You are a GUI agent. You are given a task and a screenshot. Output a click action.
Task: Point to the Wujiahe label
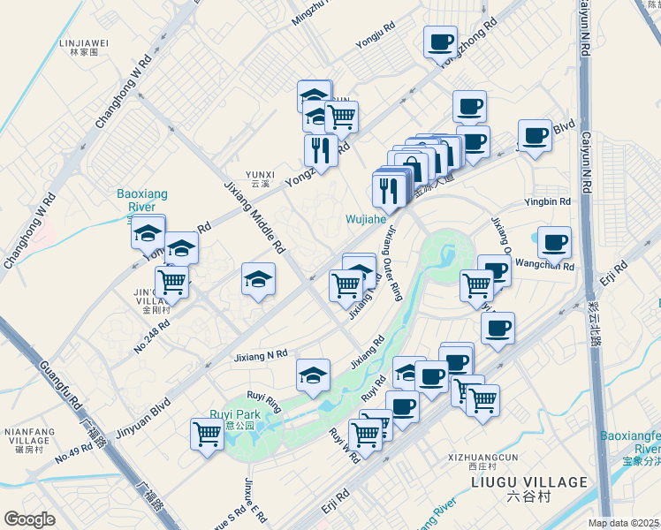pyautogui.click(x=366, y=218)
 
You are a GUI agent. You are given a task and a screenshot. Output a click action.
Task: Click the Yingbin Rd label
pyautogui.click(x=548, y=201)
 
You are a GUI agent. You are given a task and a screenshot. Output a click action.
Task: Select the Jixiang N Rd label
pyautogui.click(x=261, y=355)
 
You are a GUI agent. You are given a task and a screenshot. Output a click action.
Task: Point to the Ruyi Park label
pyautogui.click(x=235, y=415)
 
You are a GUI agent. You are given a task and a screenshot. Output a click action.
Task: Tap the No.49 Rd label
pyautogui.click(x=73, y=452)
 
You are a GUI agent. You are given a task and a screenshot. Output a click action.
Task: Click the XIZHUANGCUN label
pyautogui.click(x=483, y=458)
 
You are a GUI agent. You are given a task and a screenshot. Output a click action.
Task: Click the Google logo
pyautogui.click(x=30, y=519)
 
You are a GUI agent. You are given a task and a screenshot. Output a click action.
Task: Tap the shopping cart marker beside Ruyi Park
pyautogui.click(x=207, y=434)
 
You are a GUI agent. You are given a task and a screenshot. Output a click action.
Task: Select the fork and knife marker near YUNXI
pyautogui.click(x=321, y=149)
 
